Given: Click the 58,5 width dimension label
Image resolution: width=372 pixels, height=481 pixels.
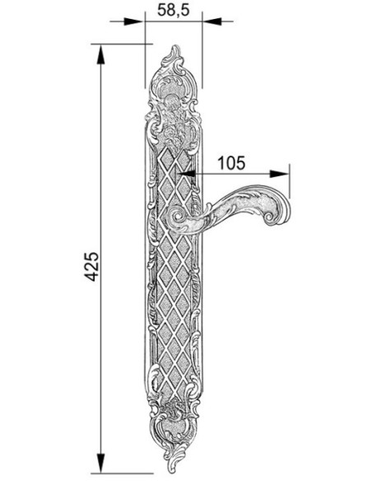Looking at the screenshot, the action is pos(174,10).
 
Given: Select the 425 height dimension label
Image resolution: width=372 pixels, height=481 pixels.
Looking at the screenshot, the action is pos(91,267).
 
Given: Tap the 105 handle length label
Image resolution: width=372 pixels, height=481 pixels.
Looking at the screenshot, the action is pos(231,163).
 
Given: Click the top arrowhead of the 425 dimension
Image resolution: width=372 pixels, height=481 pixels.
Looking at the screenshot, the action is pos(100,54).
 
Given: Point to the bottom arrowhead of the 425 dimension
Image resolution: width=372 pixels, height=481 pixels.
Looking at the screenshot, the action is pos(100,462).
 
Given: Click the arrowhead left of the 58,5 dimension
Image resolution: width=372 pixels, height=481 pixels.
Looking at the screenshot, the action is pos(133,21).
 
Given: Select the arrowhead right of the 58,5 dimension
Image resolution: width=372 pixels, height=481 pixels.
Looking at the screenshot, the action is pos(212,21).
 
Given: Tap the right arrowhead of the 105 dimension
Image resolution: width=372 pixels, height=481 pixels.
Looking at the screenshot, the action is pos(280,174).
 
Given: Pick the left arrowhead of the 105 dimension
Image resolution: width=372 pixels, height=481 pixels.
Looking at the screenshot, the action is pos(188,174).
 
